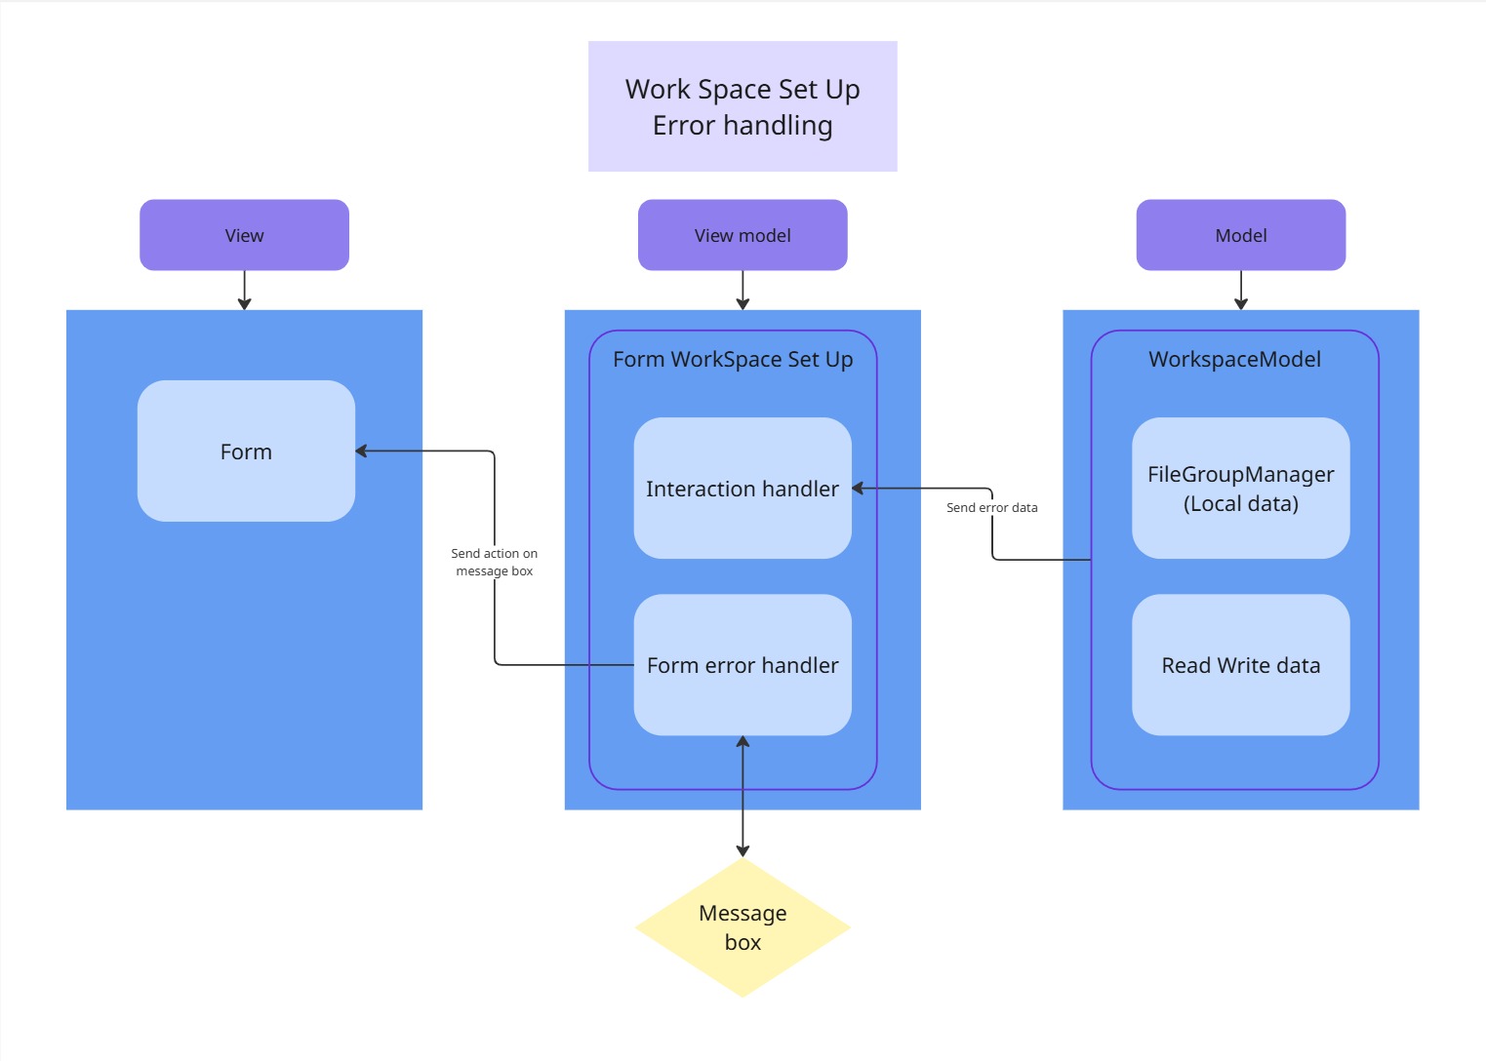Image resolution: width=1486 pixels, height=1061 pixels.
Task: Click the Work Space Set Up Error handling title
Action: (x=743, y=106)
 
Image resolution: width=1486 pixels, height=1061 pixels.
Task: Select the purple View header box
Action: (x=244, y=235)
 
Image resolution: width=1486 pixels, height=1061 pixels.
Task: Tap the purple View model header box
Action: (x=743, y=235)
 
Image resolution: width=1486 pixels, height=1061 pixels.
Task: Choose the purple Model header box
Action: (x=1240, y=235)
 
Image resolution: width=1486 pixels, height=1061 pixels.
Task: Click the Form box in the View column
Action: (x=246, y=451)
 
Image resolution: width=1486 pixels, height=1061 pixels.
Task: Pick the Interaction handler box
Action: (x=743, y=488)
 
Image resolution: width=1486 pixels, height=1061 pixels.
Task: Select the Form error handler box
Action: (x=743, y=664)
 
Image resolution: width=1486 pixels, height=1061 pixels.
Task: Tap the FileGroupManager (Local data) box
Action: (x=1240, y=488)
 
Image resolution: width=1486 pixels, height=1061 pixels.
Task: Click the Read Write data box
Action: (x=1240, y=664)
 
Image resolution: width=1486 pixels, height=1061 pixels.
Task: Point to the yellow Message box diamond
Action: (x=743, y=927)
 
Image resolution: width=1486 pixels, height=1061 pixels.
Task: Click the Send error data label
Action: (x=991, y=507)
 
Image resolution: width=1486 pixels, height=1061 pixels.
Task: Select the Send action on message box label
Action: (x=495, y=562)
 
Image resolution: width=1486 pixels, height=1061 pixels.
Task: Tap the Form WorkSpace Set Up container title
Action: (x=733, y=359)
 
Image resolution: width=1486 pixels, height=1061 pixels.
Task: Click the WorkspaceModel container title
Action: (x=1234, y=359)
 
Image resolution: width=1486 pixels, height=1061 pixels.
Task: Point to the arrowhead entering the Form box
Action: (x=361, y=451)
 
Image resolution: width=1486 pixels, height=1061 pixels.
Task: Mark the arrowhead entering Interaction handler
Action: (x=858, y=488)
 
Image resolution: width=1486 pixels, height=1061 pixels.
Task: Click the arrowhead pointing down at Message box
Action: (x=743, y=850)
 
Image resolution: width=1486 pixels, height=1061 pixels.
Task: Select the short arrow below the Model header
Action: (x=1240, y=290)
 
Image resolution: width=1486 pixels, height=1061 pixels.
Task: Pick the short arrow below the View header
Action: (x=244, y=290)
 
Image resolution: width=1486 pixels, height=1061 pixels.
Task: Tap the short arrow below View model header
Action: (x=743, y=290)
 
